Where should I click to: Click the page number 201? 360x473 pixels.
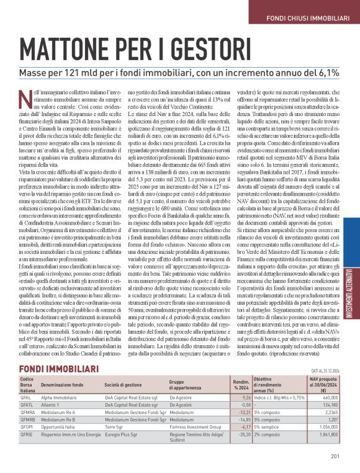pos(335,457)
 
